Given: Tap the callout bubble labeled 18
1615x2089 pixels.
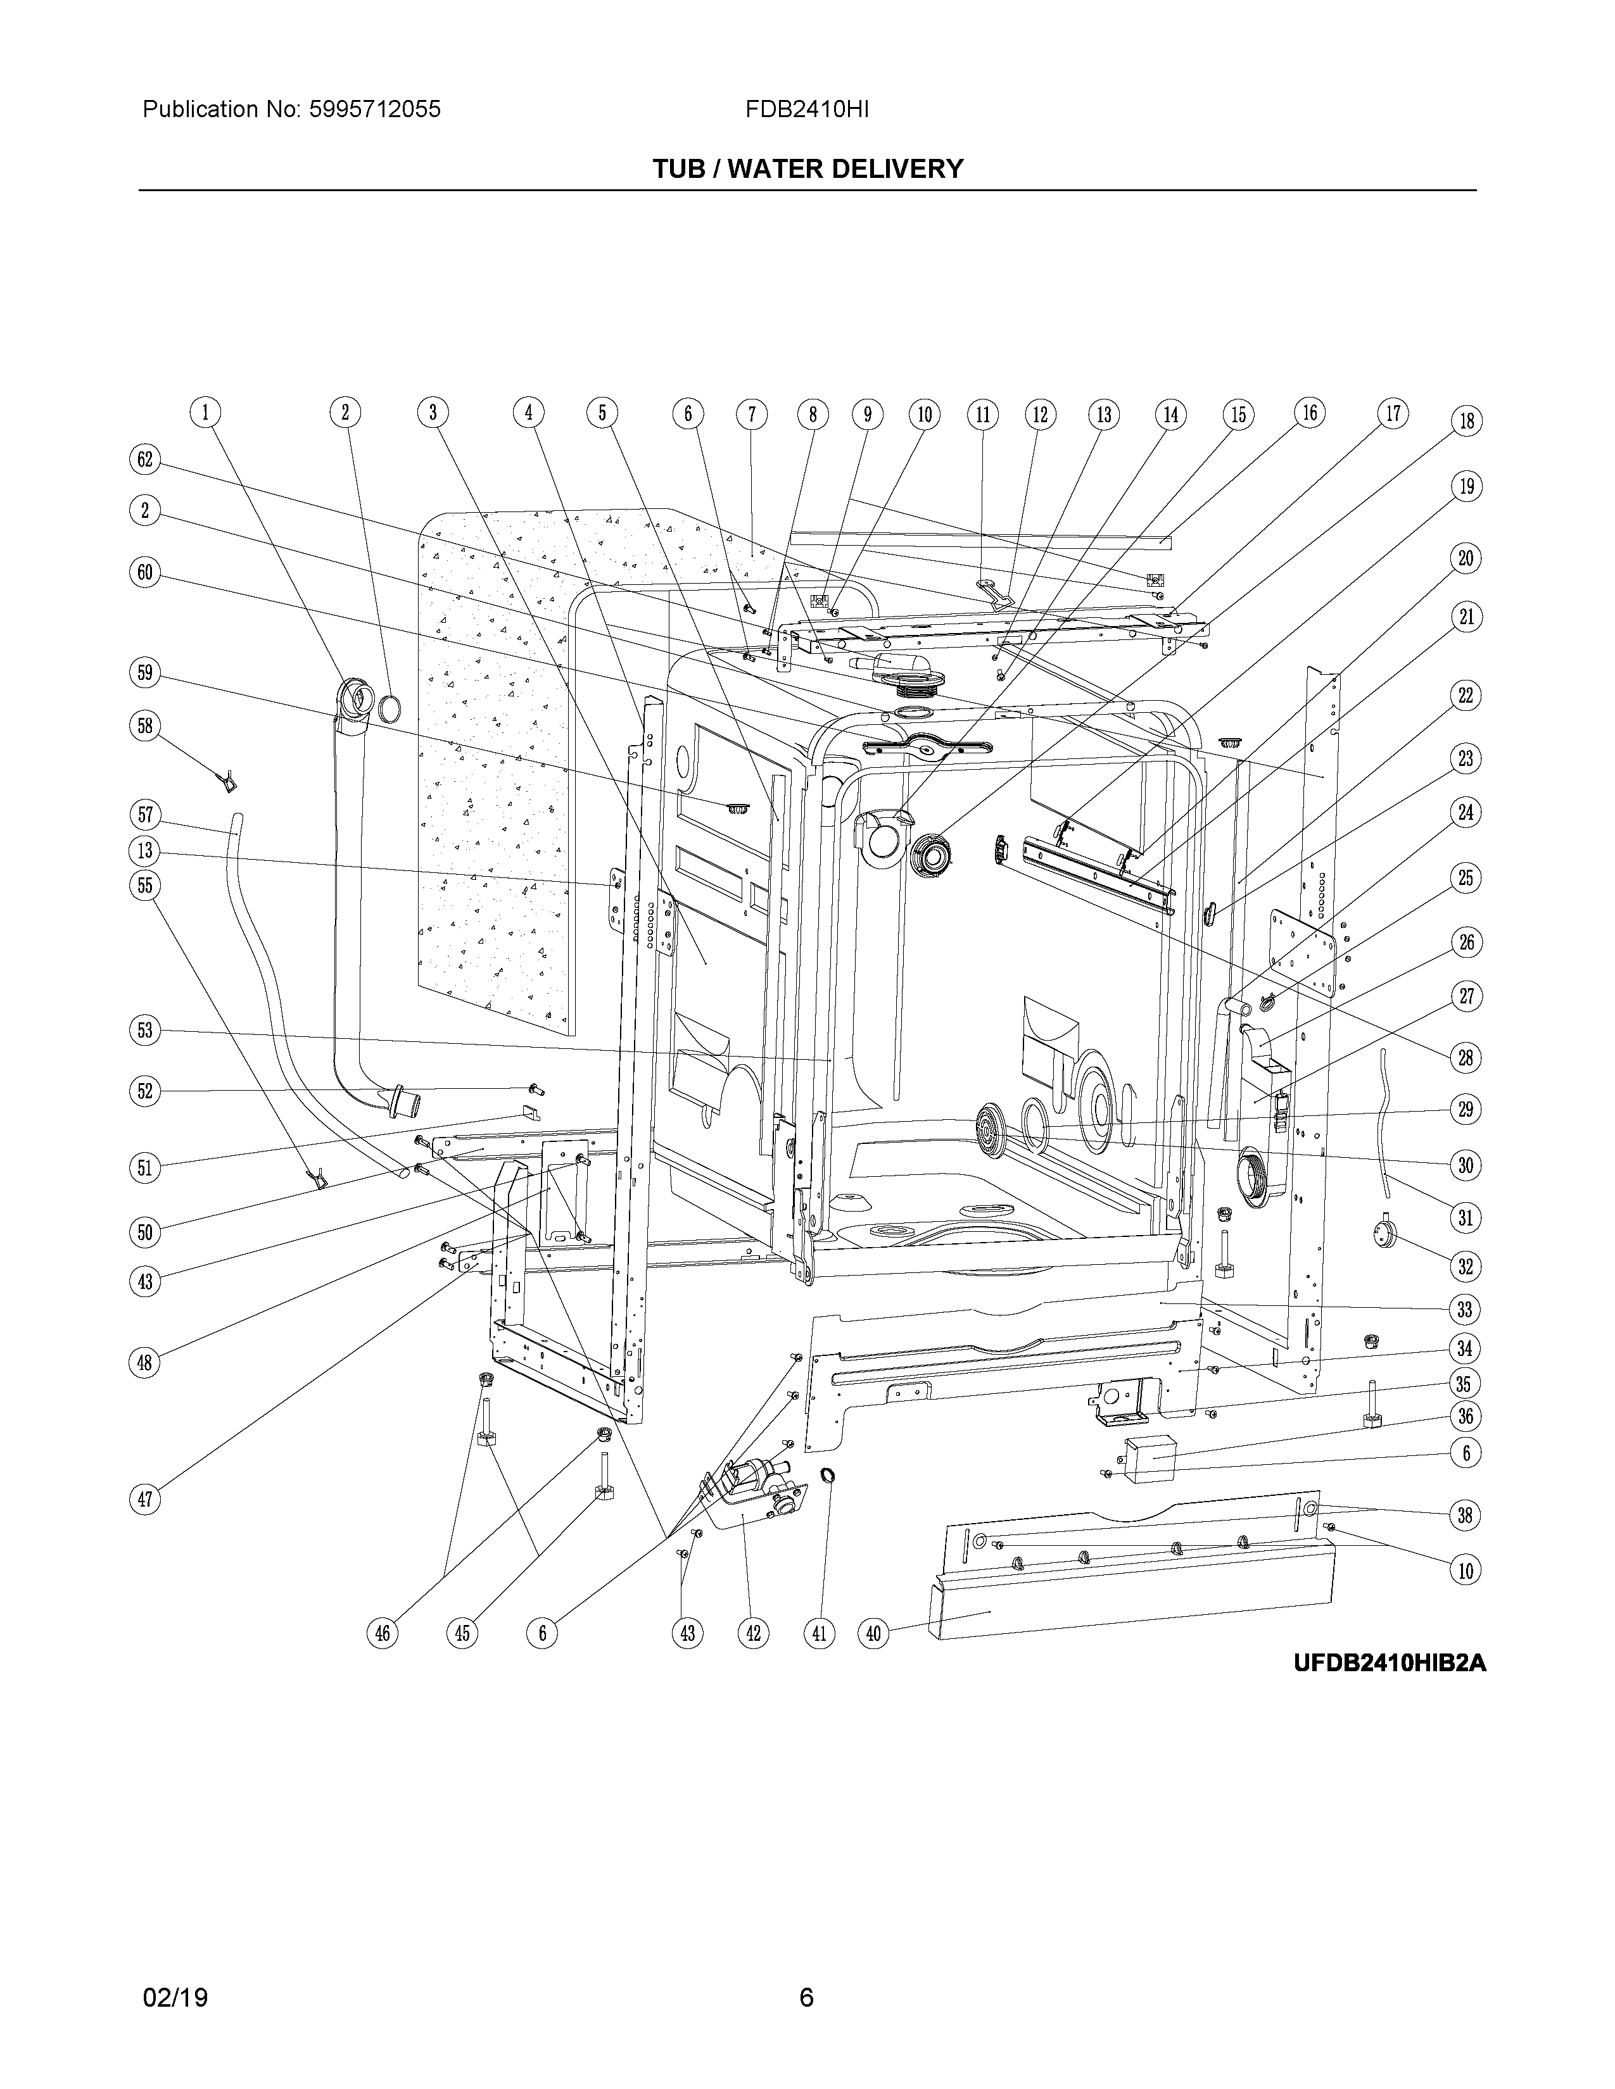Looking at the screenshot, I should (1466, 421).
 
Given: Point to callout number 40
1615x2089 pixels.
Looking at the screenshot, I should (873, 1634).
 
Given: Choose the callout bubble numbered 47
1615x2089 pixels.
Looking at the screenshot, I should (144, 1500).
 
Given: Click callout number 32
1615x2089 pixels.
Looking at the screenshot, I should (1466, 1267).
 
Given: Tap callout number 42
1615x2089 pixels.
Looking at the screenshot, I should (753, 1634).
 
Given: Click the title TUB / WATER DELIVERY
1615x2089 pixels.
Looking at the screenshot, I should (807, 169).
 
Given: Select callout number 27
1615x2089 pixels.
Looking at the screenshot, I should (1466, 996).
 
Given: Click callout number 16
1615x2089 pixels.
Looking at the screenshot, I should (1310, 413).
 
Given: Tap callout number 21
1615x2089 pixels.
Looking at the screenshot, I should (1466, 617).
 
